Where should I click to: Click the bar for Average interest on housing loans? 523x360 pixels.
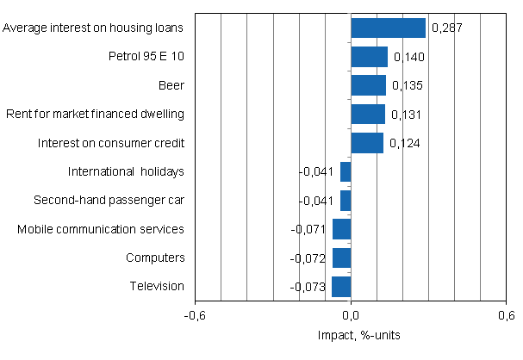[388, 28]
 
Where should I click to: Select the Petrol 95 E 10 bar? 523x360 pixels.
[369, 57]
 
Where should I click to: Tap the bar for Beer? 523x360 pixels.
[368, 85]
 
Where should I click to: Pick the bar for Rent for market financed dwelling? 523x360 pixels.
[368, 114]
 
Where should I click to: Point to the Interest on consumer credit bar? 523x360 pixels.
[367, 142]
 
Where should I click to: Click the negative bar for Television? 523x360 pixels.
[341, 286]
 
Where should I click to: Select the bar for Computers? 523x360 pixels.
[341, 258]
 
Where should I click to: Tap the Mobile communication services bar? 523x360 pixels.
[341, 229]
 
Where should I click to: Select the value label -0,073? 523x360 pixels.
[309, 287]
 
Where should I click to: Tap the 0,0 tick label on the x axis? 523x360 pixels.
[351, 315]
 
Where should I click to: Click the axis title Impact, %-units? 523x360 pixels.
[351, 334]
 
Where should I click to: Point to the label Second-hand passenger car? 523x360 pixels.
[109, 200]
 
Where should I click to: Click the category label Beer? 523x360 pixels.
[171, 85]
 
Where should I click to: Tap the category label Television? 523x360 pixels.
[157, 286]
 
